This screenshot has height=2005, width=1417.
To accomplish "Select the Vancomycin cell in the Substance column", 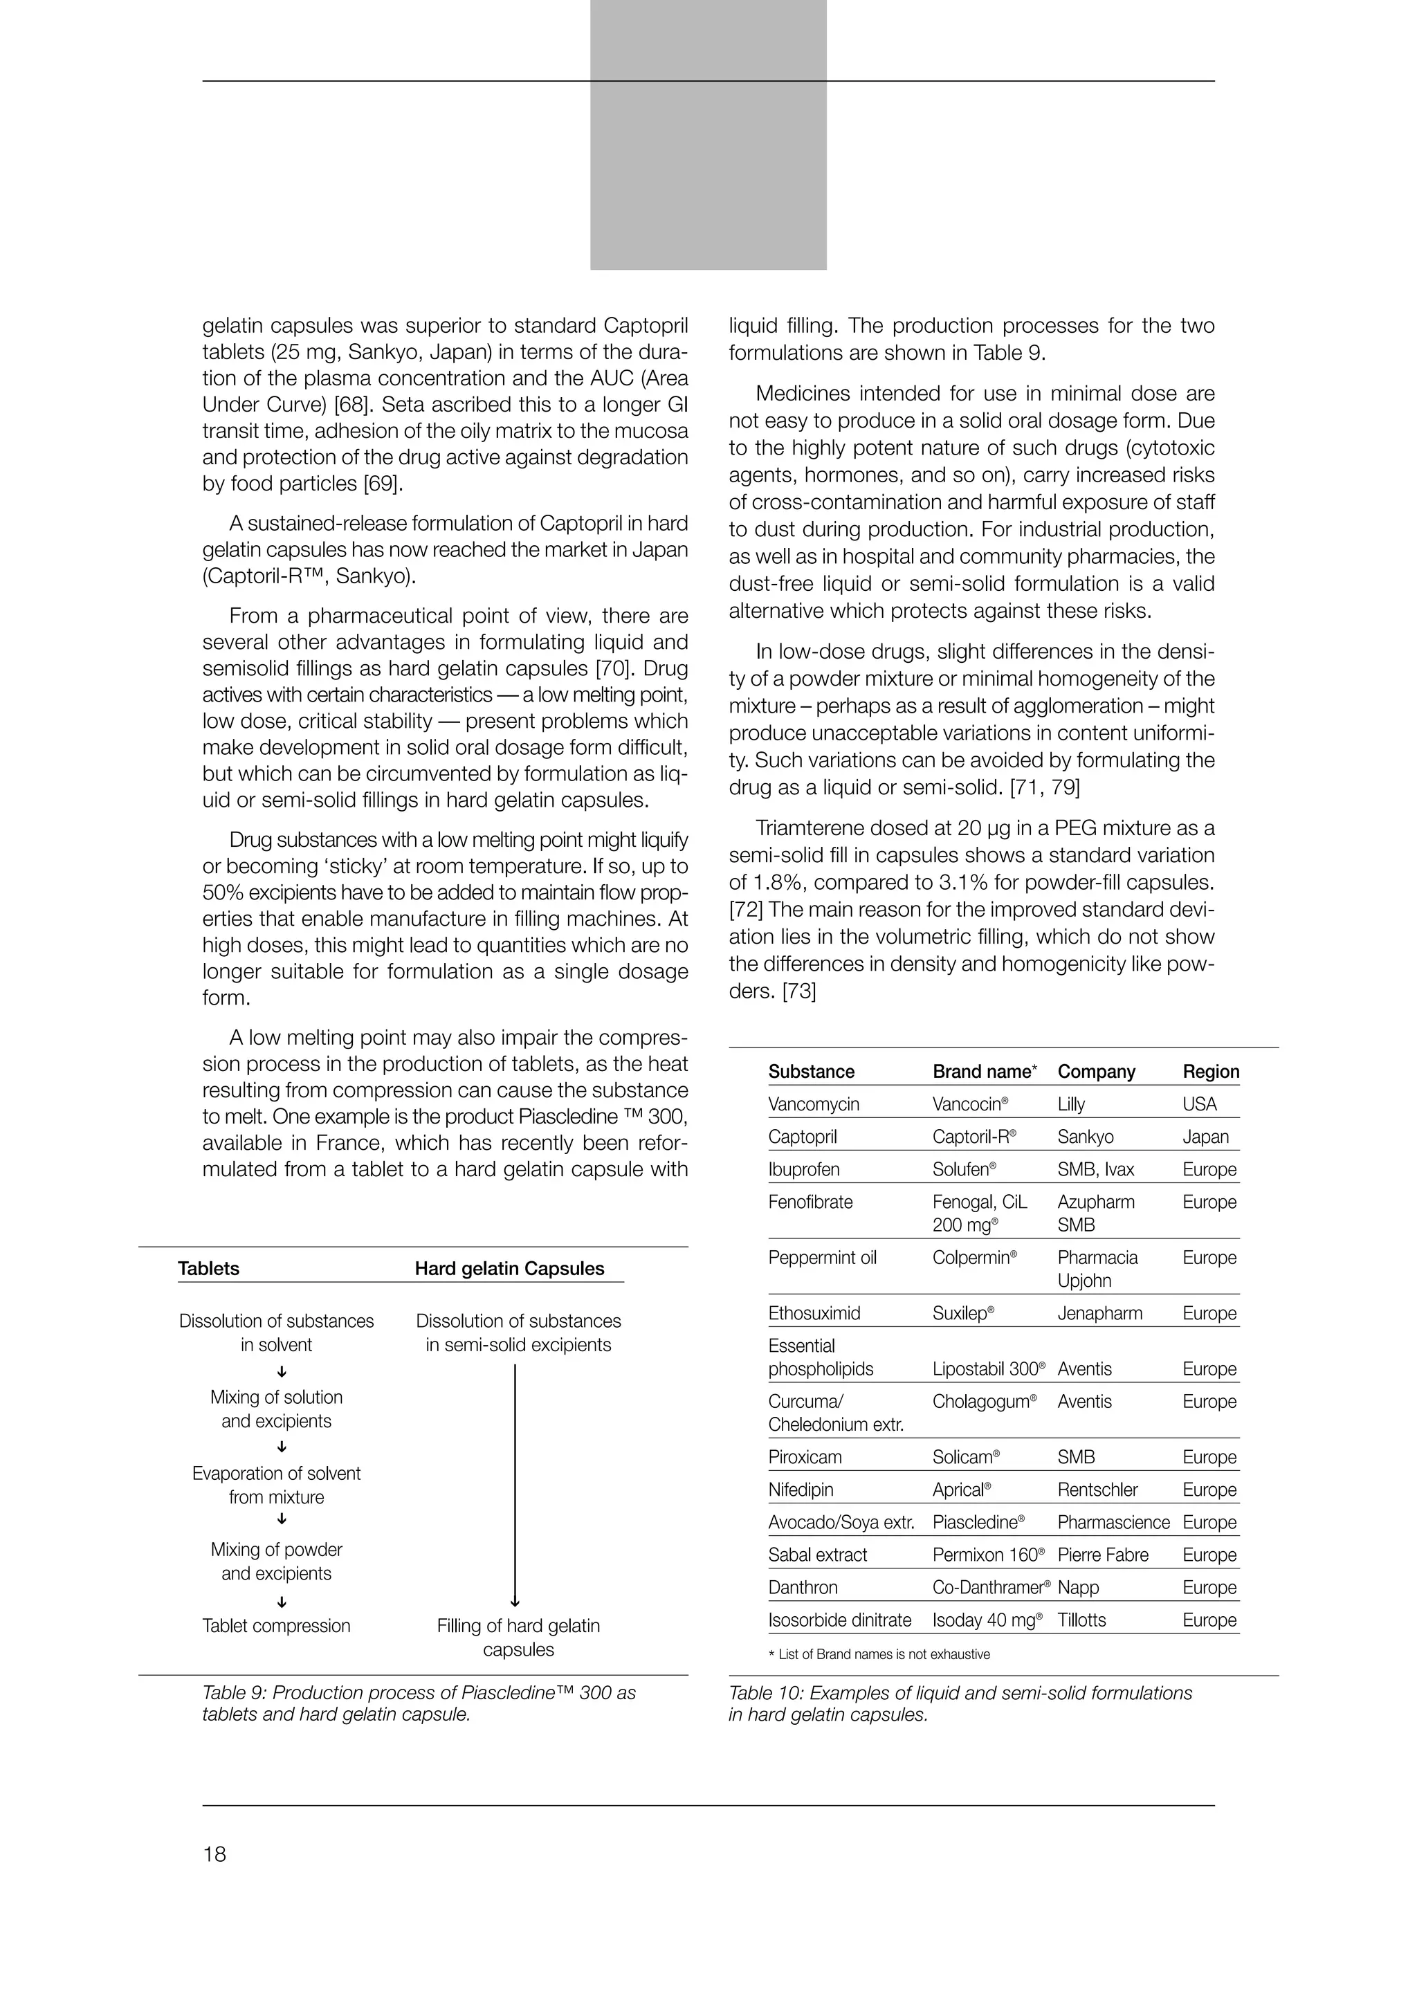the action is [813, 1104].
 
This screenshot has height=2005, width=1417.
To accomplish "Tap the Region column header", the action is [1210, 1072].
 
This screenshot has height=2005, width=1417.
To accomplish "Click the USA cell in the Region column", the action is [1199, 1104].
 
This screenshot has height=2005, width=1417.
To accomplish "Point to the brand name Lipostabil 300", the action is [987, 1368].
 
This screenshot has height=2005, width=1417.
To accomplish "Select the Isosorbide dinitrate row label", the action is [839, 1620].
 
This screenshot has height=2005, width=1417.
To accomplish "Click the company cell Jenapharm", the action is [1099, 1313].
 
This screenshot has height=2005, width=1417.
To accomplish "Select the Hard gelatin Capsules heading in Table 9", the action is [509, 1268].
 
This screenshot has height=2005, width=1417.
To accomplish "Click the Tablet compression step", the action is [276, 1626].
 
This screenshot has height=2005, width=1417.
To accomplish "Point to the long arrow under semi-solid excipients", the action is [515, 1485].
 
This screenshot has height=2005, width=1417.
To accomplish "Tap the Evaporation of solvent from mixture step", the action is [276, 1485].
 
